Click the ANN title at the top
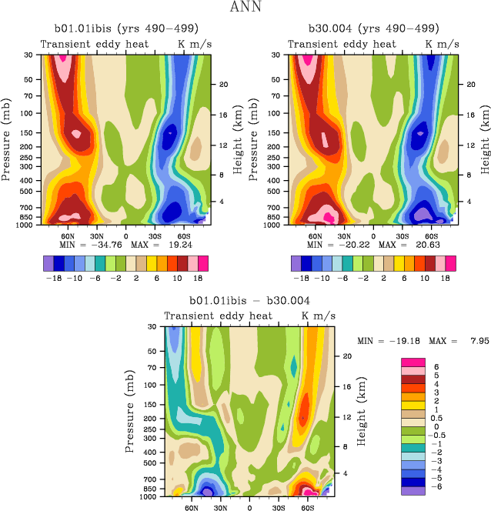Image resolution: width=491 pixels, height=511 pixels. coord(245,8)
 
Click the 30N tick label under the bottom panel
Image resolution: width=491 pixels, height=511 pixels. coord(221,509)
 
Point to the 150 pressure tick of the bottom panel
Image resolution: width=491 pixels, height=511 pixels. coord(152,402)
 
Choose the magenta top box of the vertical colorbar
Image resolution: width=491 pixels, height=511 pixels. coord(413,362)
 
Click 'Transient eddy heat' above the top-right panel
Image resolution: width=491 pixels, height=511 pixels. coord(342,45)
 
